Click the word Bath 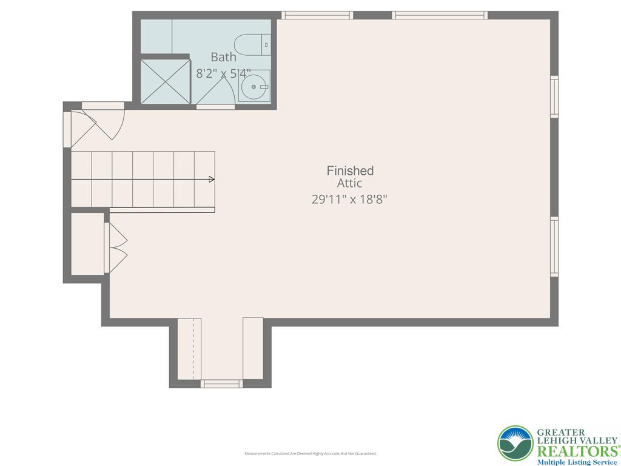point(223,57)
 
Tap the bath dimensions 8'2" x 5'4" point(223,73)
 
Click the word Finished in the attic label point(350,171)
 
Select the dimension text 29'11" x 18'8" point(349,199)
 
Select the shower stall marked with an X point(165,81)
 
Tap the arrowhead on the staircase point(212,179)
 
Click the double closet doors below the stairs point(116,248)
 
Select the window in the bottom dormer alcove point(221,383)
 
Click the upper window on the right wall point(554,96)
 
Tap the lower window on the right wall point(554,247)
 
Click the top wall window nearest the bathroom point(317,15)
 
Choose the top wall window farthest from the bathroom point(440,15)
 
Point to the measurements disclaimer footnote point(310,453)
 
